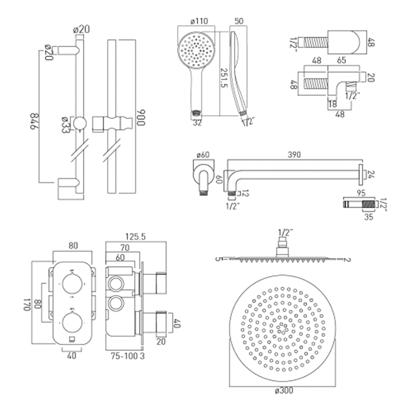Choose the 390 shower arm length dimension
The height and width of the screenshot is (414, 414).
293,154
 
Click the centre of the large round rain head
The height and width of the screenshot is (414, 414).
282,329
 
